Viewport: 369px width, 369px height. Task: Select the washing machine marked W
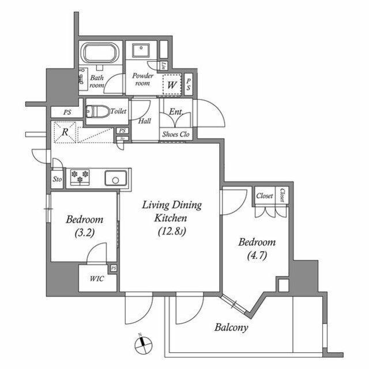click(172, 85)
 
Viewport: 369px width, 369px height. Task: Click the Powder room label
click(142, 80)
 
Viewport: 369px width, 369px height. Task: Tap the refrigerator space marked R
click(66, 132)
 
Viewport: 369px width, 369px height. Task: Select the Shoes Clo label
click(176, 134)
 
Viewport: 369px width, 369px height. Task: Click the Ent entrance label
click(175, 112)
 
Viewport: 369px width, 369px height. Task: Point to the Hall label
click(145, 122)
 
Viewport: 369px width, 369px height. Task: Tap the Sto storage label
click(57, 179)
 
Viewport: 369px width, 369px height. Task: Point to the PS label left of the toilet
click(67, 113)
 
